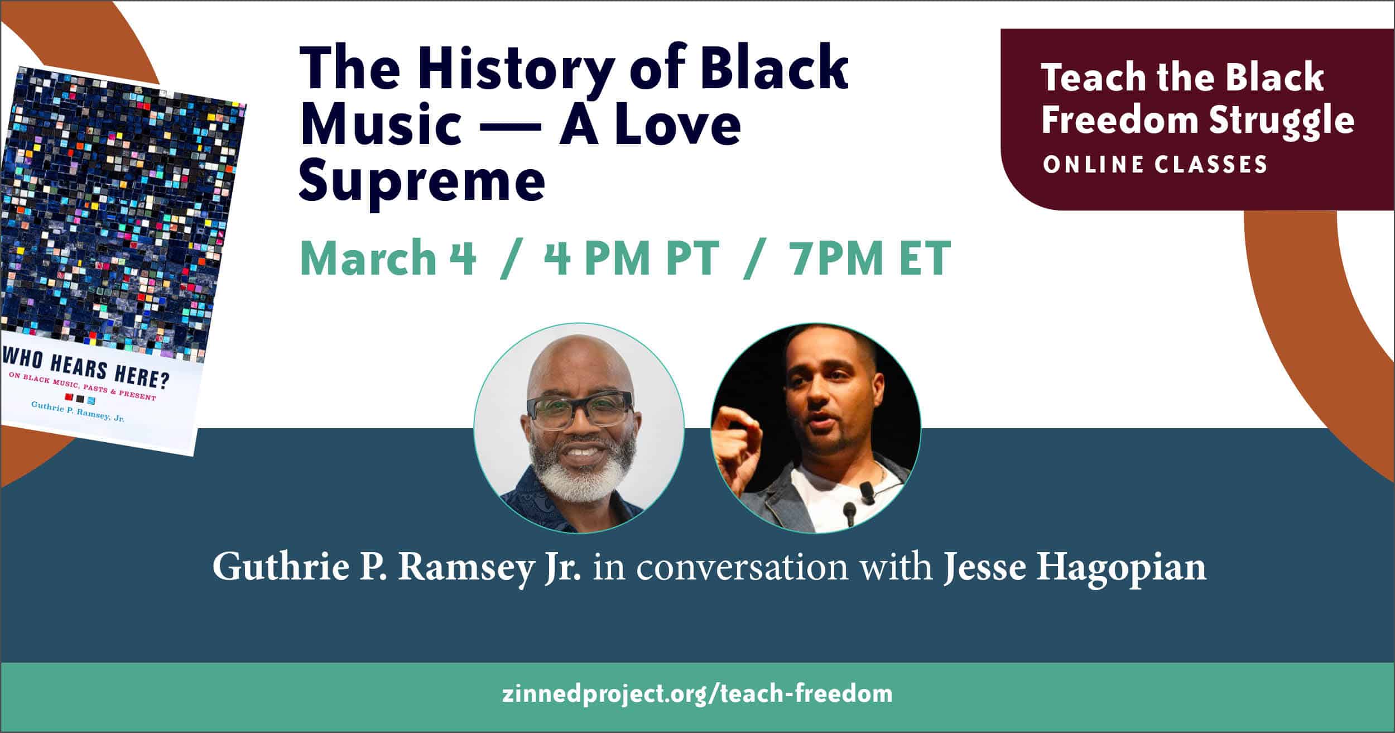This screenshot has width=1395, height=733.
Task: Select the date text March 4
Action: coord(388,258)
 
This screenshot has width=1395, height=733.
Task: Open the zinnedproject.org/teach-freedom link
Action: coord(698,694)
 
